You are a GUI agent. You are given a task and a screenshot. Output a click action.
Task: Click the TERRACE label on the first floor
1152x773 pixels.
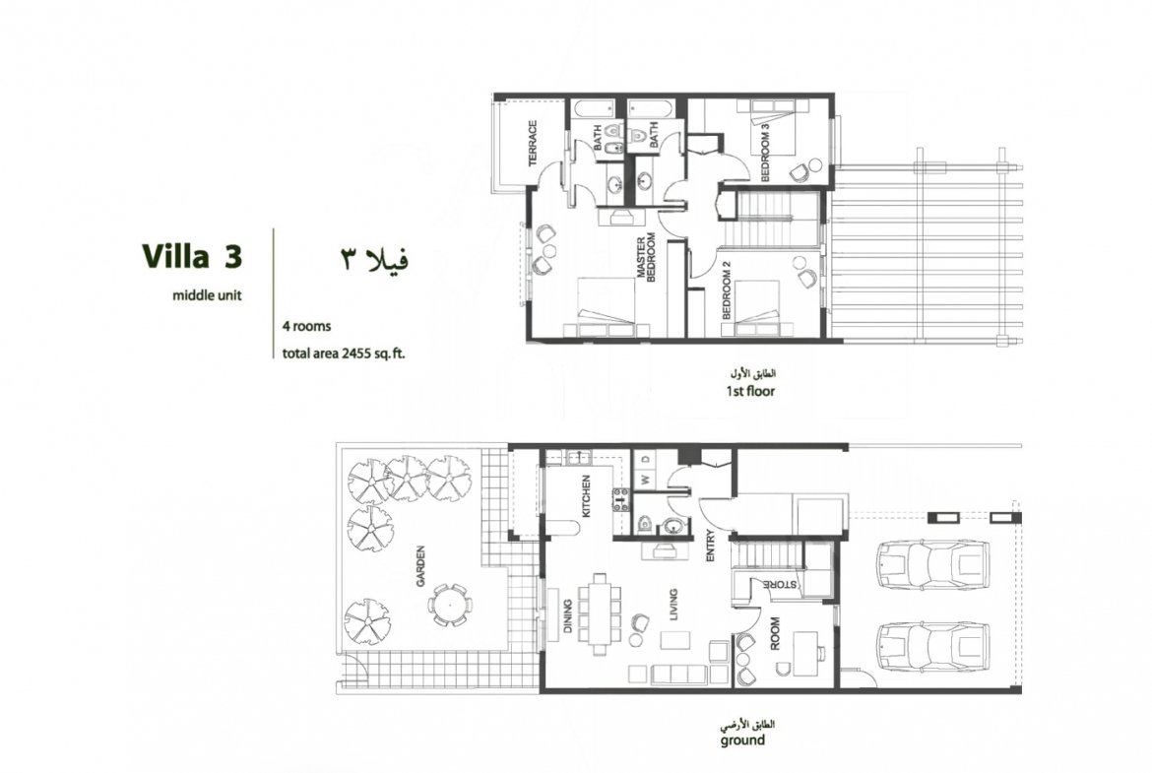click(x=533, y=144)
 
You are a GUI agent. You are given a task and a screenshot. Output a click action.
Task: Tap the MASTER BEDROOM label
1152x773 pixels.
click(x=646, y=258)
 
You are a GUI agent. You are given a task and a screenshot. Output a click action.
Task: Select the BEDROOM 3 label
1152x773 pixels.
click(x=765, y=152)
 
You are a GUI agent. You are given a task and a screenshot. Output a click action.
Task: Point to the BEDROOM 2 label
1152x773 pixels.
click(x=726, y=290)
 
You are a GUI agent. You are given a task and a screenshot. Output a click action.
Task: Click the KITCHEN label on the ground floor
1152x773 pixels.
click(x=586, y=496)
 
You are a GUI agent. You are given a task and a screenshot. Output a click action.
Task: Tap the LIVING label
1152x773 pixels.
click(x=672, y=605)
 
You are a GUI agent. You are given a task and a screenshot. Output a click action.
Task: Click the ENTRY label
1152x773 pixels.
click(x=710, y=546)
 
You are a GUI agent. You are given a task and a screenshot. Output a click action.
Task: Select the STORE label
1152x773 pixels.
click(x=780, y=585)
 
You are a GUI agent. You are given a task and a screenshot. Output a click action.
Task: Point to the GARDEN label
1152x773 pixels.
click(x=421, y=565)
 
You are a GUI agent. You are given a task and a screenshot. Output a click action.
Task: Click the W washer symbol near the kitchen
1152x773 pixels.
click(x=646, y=481)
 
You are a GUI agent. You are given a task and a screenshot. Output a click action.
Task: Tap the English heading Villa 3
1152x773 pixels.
click(x=192, y=256)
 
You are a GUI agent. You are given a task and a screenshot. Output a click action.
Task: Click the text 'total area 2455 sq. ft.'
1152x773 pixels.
click(x=344, y=354)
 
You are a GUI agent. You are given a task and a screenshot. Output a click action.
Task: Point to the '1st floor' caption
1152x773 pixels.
click(x=750, y=391)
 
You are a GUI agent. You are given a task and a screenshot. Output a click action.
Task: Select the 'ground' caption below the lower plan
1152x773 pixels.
click(x=742, y=740)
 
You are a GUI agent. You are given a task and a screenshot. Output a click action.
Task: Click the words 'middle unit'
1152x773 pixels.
click(x=207, y=295)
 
